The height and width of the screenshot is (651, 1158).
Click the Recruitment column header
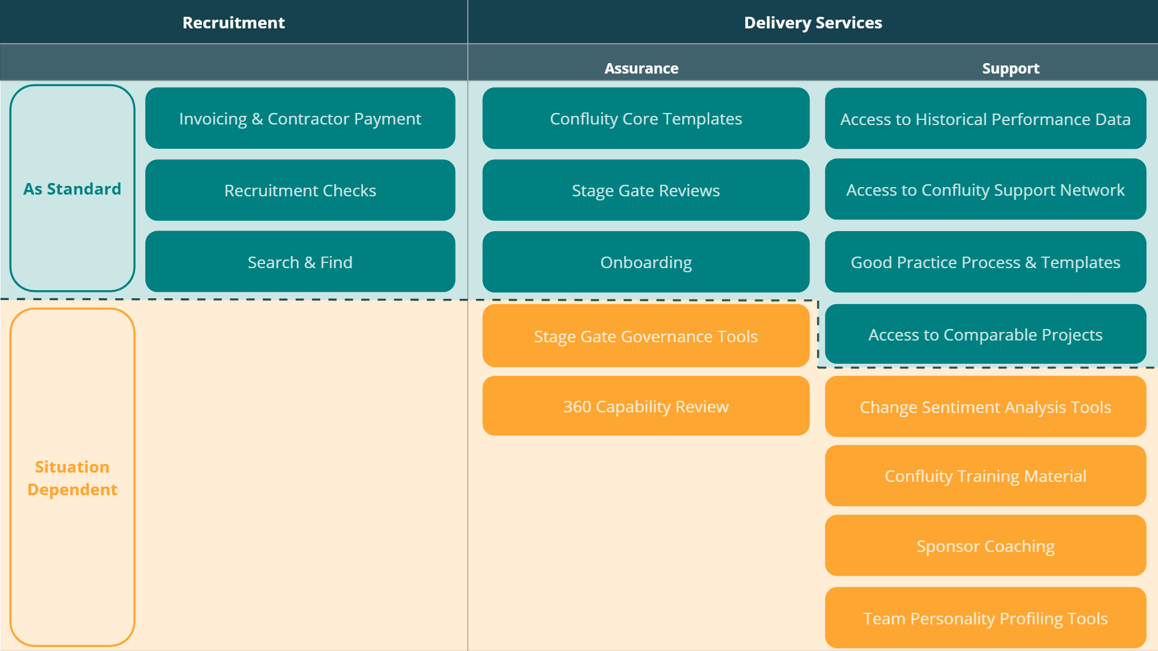pyautogui.click(x=233, y=23)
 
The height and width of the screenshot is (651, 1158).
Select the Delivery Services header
pyautogui.click(x=813, y=23)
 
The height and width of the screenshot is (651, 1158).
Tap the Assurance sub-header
pyautogui.click(x=641, y=68)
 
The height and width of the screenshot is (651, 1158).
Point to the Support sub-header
pyautogui.click(x=1010, y=68)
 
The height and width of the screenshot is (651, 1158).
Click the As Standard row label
pyautogui.click(x=72, y=189)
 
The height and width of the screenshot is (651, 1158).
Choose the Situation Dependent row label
pyautogui.click(x=72, y=478)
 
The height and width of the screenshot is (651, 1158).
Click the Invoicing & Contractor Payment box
pyautogui.click(x=300, y=118)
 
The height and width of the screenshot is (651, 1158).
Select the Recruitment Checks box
pyautogui.click(x=300, y=190)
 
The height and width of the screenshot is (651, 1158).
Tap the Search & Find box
pyautogui.click(x=300, y=262)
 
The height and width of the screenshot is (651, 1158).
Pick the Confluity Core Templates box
pyautogui.click(x=646, y=118)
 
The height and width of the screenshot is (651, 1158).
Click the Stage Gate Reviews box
pyautogui.click(x=646, y=190)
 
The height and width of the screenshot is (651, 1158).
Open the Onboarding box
pyautogui.click(x=646, y=262)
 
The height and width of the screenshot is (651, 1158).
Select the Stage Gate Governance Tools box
pyautogui.click(x=646, y=336)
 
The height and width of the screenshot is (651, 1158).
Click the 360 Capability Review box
pyautogui.click(x=646, y=406)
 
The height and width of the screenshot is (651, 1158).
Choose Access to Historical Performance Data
pyautogui.click(x=985, y=119)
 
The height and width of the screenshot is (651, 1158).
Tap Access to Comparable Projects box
pyautogui.click(x=985, y=334)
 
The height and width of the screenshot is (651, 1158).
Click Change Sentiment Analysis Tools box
pyautogui.click(x=985, y=407)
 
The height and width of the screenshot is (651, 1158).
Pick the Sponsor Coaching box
pyautogui.click(x=985, y=546)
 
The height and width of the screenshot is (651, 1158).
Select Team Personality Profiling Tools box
pyautogui.click(x=985, y=618)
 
